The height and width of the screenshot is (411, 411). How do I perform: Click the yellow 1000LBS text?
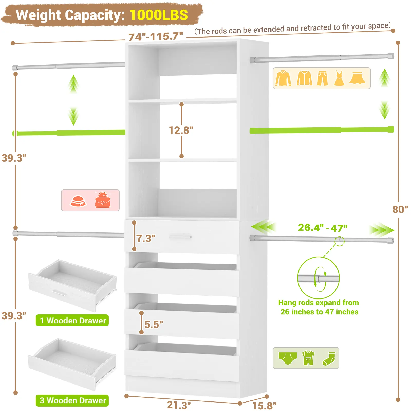(x=159, y=15)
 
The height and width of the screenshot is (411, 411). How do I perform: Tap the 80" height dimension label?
(x=400, y=209)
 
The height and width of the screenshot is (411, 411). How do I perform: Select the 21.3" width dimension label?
(x=179, y=405)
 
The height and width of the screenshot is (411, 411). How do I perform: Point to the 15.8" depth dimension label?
(x=264, y=406)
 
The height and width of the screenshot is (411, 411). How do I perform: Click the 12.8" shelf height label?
(x=181, y=130)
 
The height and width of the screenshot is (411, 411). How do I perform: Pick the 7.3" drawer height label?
(x=146, y=238)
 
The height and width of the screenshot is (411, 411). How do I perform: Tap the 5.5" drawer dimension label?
(x=154, y=324)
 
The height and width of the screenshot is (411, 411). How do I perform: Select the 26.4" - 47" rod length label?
(x=323, y=228)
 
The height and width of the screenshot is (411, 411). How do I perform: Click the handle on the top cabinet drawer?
(x=180, y=237)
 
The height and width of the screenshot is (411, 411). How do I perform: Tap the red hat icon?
(x=78, y=201)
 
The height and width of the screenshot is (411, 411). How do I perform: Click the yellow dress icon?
(x=339, y=78)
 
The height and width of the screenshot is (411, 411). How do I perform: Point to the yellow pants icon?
(x=322, y=78)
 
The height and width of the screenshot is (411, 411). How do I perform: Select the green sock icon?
(x=329, y=359)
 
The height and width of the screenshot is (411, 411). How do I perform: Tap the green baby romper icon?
(x=308, y=358)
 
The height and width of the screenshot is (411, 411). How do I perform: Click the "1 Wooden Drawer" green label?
(x=72, y=321)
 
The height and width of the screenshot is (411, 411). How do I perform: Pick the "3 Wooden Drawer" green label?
(x=72, y=400)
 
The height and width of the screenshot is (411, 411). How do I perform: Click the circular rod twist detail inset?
(x=319, y=278)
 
